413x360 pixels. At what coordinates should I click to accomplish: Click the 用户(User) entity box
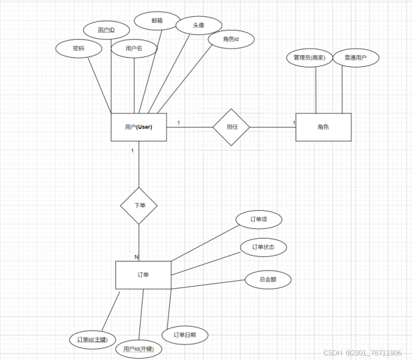tap(139, 126)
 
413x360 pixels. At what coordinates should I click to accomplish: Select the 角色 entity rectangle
tap(323, 127)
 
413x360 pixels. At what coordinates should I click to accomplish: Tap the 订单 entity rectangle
tap(143, 275)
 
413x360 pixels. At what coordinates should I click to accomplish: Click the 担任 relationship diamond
tap(231, 126)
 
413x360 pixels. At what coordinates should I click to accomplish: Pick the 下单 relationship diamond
tap(139, 206)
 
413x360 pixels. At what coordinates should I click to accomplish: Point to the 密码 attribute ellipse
tap(78, 49)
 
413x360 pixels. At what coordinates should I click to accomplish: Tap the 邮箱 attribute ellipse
tap(157, 20)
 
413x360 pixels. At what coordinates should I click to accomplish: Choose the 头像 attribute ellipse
tap(199, 25)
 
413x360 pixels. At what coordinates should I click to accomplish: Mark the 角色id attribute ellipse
tap(231, 40)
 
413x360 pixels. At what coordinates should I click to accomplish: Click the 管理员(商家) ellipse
tap(309, 58)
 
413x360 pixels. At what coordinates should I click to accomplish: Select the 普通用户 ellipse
tap(355, 58)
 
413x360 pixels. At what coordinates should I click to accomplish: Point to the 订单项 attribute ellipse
tap(258, 220)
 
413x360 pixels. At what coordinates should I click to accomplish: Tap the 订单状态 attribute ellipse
tap(263, 247)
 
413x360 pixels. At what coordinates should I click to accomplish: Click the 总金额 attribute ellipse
tap(268, 280)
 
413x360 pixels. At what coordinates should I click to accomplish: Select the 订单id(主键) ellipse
tap(93, 339)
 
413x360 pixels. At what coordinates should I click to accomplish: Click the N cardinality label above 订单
tap(136, 257)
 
